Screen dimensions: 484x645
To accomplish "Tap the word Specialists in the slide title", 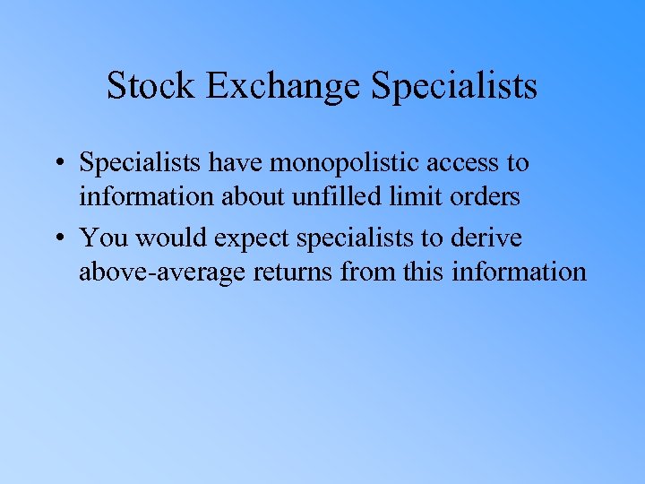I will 453,86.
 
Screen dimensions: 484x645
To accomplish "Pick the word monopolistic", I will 348,163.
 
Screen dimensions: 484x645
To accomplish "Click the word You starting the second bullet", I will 103,238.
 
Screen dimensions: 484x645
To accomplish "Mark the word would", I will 167,238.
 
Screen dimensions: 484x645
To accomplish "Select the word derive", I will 491,238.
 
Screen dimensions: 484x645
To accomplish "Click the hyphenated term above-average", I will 160,271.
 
